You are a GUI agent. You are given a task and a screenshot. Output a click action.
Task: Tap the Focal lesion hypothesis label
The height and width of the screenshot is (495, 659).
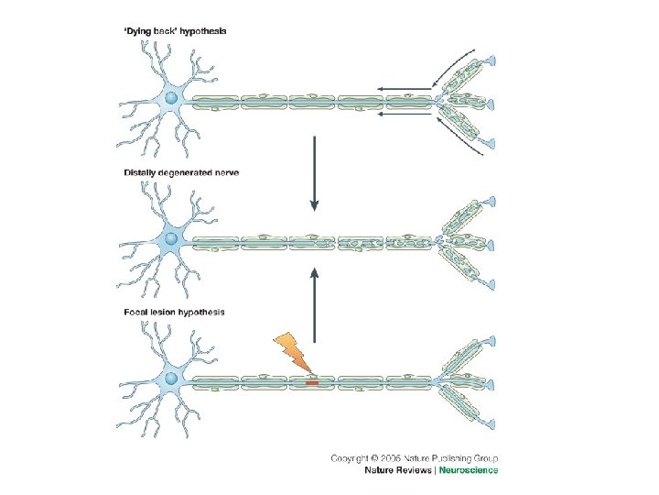(174, 313)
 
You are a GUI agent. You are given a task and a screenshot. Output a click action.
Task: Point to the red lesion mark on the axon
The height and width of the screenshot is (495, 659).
(312, 382)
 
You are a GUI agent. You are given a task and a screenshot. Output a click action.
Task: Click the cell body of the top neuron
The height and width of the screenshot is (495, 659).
(171, 97)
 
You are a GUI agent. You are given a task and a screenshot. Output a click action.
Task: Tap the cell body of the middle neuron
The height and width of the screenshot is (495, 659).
(171, 239)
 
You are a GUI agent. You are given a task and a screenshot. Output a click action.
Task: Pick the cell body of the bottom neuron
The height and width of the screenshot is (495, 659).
(171, 379)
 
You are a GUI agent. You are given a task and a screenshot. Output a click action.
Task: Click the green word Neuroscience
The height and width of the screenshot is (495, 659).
(469, 470)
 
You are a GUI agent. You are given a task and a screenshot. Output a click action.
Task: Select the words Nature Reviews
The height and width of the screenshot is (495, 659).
(399, 470)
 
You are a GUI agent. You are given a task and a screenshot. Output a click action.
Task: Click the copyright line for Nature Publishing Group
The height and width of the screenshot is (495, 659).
(414, 457)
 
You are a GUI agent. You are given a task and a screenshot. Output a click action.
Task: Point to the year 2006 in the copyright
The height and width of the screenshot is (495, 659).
(393, 457)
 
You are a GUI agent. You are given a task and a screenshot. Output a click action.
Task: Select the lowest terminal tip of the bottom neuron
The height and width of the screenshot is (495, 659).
(492, 423)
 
